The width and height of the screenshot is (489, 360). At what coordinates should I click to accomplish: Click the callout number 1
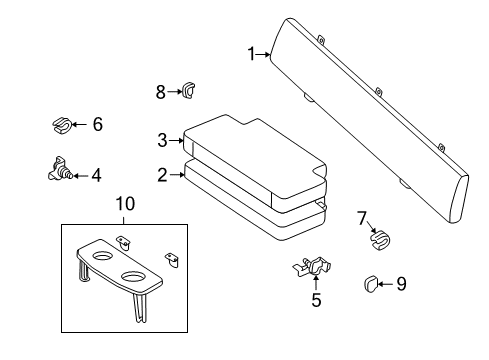point(252,54)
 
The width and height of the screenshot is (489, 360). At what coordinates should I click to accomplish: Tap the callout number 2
point(162,175)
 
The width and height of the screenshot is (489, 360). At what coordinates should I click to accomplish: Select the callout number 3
point(162,141)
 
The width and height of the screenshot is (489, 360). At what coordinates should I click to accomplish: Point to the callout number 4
point(96,175)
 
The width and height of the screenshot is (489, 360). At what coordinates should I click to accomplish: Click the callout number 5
point(315,299)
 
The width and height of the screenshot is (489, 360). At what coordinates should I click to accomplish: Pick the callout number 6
point(97,125)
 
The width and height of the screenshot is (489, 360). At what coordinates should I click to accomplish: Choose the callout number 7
point(363,218)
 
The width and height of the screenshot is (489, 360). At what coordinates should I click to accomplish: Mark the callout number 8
point(160,92)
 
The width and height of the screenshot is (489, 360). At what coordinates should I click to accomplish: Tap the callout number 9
point(401,284)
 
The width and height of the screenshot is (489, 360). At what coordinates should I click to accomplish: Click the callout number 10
point(124,205)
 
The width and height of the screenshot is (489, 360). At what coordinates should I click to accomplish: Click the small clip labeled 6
point(61,126)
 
